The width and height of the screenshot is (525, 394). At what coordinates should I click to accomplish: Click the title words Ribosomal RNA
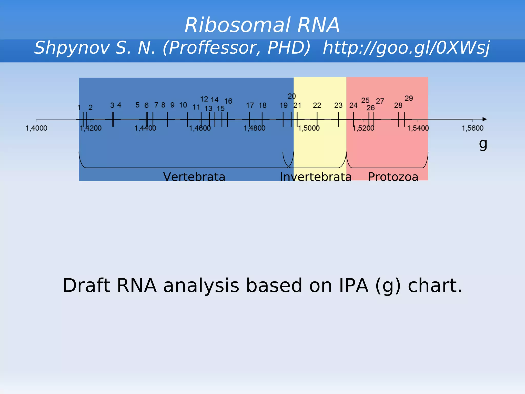point(262,25)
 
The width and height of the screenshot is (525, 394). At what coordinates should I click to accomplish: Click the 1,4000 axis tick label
point(36,128)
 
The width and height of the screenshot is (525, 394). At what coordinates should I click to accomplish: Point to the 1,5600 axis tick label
point(472,128)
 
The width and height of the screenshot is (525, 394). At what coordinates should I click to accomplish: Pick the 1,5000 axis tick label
point(309,128)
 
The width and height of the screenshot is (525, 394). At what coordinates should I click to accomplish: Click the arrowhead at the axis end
point(484,119)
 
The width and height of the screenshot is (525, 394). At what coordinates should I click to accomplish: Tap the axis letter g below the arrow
point(483,144)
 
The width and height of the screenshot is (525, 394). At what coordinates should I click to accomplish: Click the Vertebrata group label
point(194,177)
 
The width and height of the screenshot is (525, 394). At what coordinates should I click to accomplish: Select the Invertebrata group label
point(316,177)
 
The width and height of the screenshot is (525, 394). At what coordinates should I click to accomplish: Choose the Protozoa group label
point(393,177)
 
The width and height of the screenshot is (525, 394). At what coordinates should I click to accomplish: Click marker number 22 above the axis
point(317,105)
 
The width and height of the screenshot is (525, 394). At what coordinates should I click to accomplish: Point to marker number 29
point(409,98)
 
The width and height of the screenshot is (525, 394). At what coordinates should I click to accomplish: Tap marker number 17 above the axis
point(250,105)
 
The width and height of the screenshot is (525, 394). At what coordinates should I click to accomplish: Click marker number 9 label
point(172,105)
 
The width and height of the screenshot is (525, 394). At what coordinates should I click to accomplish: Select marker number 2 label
point(90,107)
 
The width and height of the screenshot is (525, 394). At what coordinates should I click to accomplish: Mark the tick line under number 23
point(338,120)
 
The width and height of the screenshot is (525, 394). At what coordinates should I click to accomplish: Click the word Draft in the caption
point(86,285)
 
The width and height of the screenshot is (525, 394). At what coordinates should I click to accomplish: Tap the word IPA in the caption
point(354,285)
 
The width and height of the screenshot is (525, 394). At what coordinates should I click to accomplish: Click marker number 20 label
point(291,96)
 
